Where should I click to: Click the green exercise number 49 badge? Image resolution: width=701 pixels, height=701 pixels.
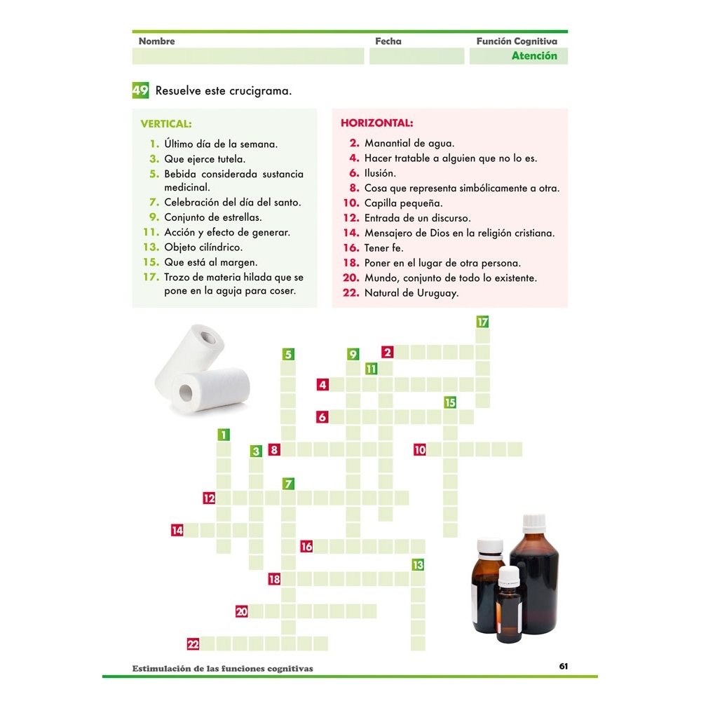140,90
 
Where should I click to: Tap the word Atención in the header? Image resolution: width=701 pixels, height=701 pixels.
534,56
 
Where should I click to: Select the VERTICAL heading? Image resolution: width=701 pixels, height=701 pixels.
166,124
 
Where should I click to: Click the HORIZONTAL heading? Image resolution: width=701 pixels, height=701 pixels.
377,123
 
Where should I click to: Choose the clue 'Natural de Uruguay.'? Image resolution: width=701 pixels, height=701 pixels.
411,293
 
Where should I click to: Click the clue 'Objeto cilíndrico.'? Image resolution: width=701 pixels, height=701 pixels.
203,247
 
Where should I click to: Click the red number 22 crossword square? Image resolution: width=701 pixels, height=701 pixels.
193,644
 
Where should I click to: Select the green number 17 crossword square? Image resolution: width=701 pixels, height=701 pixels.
482,322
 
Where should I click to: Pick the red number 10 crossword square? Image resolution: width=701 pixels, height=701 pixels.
420,450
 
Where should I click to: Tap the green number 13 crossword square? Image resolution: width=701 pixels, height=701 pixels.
418,564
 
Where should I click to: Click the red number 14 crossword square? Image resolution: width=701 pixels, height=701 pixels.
177,531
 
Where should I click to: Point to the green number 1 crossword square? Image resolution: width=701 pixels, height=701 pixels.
223,435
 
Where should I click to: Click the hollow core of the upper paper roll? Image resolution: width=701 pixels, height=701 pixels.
208,339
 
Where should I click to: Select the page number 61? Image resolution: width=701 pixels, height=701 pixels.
563,666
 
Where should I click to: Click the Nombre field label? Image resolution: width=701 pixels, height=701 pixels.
156,41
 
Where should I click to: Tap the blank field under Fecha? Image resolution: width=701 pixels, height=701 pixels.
416,56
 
